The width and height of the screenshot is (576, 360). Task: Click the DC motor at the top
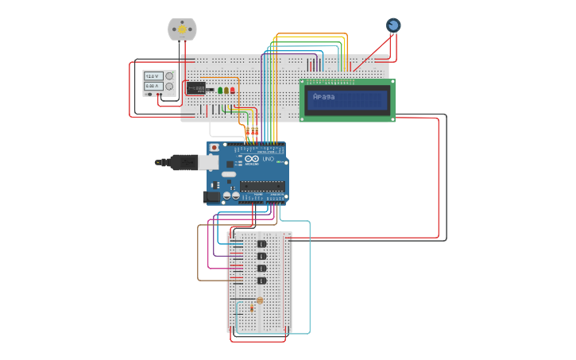coord(182,29)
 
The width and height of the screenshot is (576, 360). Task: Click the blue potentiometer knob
coord(393,25)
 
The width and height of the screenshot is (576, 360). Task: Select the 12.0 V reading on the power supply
coord(153,75)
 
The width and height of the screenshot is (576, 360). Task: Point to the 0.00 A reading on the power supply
coord(153,85)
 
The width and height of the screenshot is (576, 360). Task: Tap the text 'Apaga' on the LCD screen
coord(324,97)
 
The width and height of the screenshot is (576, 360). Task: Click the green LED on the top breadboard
coord(220,90)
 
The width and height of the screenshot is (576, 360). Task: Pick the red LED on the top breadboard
coord(232,90)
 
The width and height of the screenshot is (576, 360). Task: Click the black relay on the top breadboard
coord(196,87)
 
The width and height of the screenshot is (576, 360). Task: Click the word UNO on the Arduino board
coord(268,159)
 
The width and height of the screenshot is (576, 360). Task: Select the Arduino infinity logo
coord(251,159)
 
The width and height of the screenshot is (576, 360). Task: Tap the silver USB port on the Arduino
coord(207,162)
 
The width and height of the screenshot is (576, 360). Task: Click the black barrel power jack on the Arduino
coord(211,196)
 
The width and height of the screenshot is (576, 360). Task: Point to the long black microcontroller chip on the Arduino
coord(262,186)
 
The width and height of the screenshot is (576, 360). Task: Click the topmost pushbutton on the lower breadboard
coord(261,243)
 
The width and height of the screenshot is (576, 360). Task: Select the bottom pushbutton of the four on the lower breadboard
coord(261,281)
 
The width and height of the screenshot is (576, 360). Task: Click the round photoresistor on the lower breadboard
coord(259,300)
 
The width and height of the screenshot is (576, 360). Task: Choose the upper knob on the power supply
coord(168,75)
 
